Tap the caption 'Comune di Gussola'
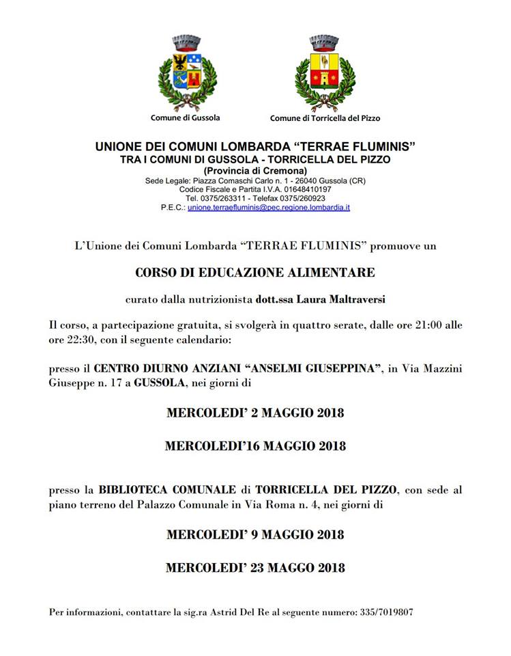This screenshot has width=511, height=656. [186, 118]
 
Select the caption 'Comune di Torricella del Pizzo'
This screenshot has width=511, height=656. [325, 118]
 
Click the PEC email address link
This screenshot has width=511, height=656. [269, 206]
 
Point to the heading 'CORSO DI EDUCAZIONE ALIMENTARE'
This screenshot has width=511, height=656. [255, 272]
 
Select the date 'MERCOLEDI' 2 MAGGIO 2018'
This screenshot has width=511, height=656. [255, 413]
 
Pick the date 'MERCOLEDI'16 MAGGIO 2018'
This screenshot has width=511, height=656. [255, 446]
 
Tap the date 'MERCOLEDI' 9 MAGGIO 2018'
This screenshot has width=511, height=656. [255, 534]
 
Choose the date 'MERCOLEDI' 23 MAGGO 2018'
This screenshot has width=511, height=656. [255, 567]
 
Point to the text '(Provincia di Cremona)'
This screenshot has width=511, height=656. [255, 170]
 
